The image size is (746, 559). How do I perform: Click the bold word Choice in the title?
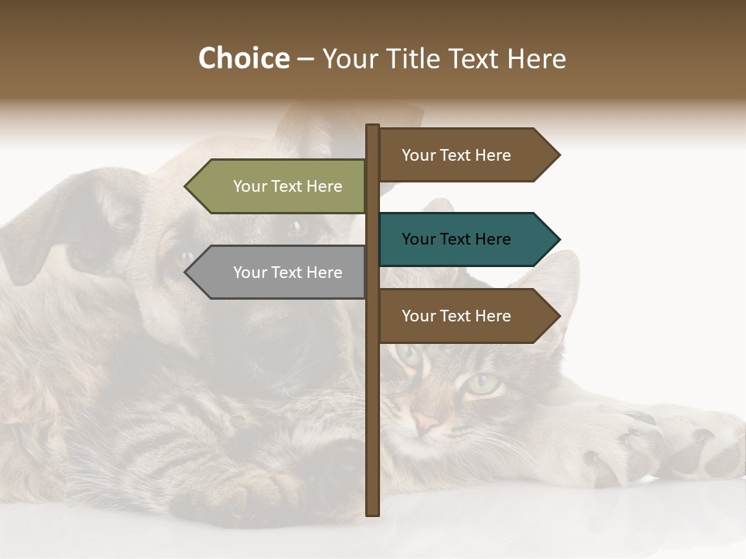pos(243,58)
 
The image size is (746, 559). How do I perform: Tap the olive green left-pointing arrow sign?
pos(280,186)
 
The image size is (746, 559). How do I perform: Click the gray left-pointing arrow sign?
pos(280,273)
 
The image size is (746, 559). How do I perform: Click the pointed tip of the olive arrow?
pos(187,186)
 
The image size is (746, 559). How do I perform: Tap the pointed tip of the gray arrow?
pos(187,273)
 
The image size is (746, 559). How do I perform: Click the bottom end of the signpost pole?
pos(373,512)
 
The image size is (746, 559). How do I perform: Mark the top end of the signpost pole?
pos(373,127)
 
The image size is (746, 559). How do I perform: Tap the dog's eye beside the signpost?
pos(296,228)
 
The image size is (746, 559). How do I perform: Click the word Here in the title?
pos(536,58)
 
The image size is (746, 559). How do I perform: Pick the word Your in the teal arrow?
pos(418,239)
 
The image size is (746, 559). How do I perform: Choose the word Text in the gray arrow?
pos(288,273)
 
